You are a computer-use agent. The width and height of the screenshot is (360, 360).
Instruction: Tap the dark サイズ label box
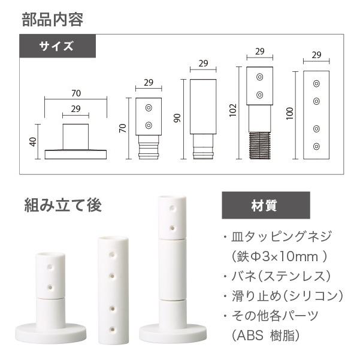point(57,46)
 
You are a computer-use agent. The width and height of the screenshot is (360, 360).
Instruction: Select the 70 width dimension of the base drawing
point(75,93)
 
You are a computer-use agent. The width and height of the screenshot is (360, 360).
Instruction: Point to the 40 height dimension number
point(33,142)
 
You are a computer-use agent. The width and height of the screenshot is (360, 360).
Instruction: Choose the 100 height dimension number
point(291,114)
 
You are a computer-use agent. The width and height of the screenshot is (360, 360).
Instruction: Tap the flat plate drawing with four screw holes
point(317,115)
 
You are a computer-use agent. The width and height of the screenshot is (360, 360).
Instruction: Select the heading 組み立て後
point(63,205)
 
